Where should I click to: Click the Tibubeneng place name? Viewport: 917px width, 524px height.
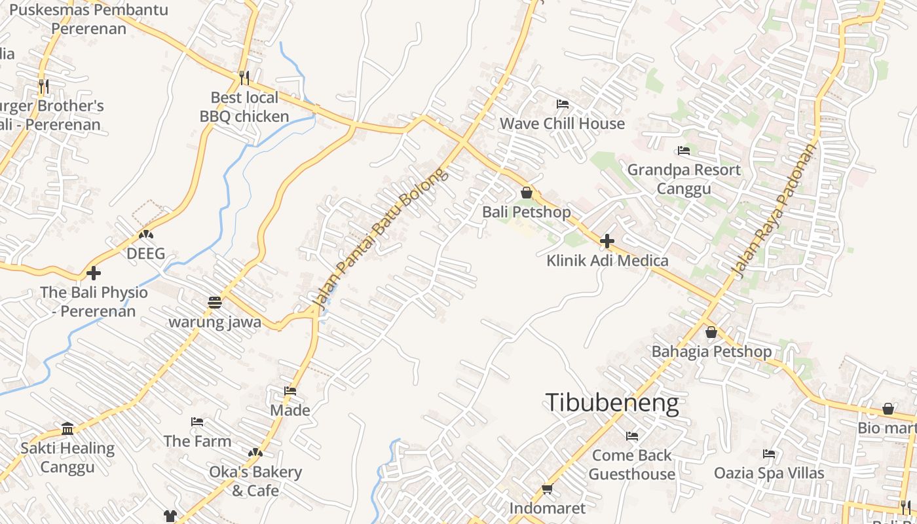point(612,402)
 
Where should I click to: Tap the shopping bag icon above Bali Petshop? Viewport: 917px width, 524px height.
point(526,193)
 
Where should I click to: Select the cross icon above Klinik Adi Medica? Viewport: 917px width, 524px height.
point(607,241)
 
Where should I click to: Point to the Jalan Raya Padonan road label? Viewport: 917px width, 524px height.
point(774,211)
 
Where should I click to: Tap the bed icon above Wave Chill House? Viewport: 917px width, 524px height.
point(562,104)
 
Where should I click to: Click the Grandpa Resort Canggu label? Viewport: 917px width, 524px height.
point(684,179)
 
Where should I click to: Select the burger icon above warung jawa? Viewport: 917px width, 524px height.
point(215,302)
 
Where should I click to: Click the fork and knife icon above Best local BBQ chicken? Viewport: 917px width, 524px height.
point(244,78)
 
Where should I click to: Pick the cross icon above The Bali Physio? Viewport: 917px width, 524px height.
point(94,272)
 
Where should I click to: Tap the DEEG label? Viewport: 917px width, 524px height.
point(145,253)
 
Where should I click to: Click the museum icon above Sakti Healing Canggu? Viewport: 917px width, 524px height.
point(67,428)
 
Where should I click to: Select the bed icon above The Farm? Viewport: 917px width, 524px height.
point(197,421)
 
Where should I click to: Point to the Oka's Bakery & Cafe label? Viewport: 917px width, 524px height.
point(255,481)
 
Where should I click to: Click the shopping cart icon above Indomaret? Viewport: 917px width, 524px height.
point(548,489)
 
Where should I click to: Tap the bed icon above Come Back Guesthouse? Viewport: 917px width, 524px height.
point(631,436)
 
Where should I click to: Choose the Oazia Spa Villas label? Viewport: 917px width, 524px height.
point(769,472)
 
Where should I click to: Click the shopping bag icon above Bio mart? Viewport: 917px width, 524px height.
point(888,409)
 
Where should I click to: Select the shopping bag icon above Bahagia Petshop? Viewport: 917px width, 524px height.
point(711,332)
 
